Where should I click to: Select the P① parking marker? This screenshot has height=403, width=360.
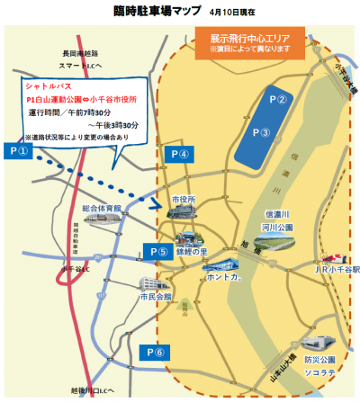(19, 151)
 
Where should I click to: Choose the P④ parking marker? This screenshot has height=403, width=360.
(178, 154)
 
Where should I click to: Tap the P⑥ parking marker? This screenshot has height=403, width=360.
(158, 352)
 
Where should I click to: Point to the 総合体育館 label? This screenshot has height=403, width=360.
(101, 208)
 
